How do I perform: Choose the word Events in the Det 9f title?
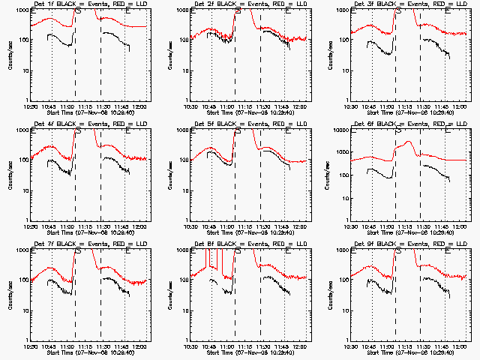point(413,244)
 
